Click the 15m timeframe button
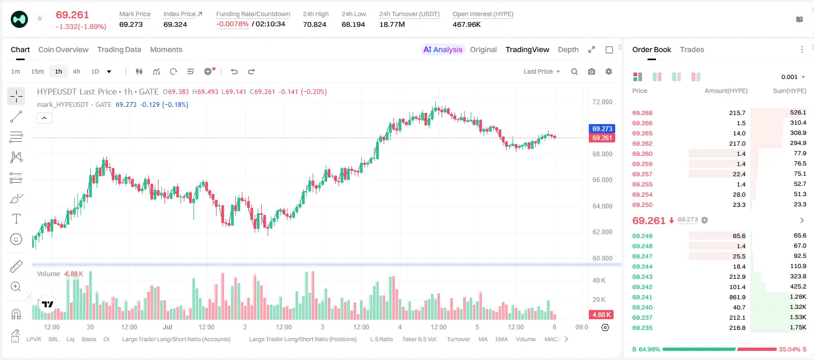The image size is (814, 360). coord(38,71)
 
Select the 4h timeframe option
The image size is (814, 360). coord(76,71)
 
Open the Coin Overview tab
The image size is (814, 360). coord(63,49)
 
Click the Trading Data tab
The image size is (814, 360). coord(119,49)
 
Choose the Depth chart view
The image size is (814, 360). coord(568,49)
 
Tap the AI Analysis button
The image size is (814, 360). coord(443,49)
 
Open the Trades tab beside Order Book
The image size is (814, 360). coord(692,49)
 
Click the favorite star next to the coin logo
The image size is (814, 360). coord(40,18)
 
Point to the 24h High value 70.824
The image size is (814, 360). coord(315,24)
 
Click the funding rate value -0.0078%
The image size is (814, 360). coord(233,24)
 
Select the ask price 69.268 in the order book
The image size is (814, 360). coord(642,113)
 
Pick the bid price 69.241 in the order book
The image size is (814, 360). coord(642,297)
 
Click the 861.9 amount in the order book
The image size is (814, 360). coord(737,297)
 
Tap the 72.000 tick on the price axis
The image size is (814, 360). coord(602,102)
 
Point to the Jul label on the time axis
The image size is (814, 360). coord(168,327)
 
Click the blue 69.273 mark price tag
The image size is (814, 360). coord(602,128)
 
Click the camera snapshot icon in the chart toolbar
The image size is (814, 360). coord(592,71)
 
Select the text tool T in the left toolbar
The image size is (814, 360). coord(16,219)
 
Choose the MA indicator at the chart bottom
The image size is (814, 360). coord(483,339)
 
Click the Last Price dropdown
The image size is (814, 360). coord(542,71)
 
